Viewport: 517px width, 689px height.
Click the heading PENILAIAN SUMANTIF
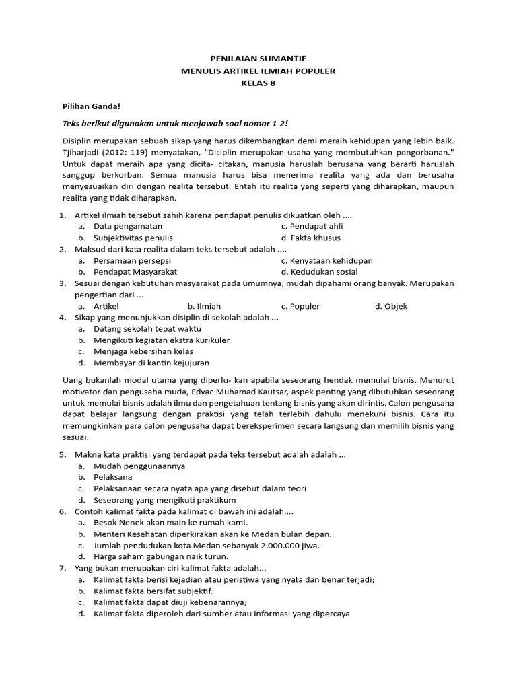tap(258, 59)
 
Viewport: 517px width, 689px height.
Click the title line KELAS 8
tap(258, 83)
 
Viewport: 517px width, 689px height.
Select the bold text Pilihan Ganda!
tap(92, 106)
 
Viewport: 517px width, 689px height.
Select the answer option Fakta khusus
tap(311, 238)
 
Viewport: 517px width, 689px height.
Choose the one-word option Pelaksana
tap(113, 477)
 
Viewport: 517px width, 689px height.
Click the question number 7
tap(62, 569)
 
